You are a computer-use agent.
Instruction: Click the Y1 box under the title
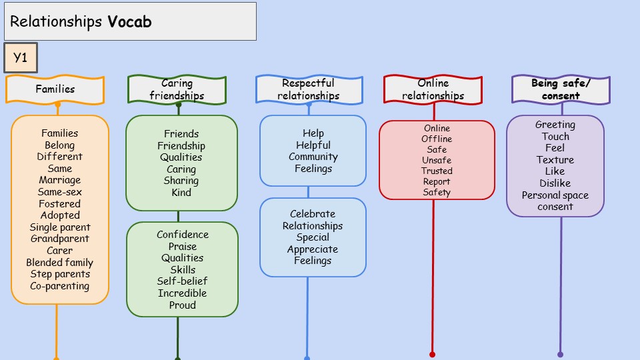tap(20, 58)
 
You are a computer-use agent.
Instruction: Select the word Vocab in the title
tap(129, 22)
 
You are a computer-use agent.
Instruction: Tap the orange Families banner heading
tap(55, 89)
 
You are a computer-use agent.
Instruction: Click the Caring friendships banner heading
tap(177, 89)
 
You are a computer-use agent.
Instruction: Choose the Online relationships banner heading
tap(433, 89)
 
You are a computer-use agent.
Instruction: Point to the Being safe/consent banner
tap(561, 89)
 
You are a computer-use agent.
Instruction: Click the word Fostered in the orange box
tap(59, 204)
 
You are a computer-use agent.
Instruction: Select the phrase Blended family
tap(59, 263)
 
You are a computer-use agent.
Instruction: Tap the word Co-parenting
tap(59, 286)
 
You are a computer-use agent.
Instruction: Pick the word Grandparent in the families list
tap(59, 239)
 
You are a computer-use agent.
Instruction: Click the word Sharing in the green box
tap(181, 181)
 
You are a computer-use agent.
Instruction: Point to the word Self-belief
tap(182, 281)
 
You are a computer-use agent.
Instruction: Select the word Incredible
tap(182, 293)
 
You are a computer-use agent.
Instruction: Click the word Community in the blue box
tap(313, 157)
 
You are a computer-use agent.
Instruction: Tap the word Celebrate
tap(313, 214)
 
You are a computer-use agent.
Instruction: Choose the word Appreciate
tap(313, 249)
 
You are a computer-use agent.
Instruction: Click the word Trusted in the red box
tap(437, 171)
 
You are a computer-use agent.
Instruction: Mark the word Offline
tap(437, 139)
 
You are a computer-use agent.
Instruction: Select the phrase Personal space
tap(555, 195)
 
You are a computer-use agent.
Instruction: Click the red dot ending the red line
tap(432, 354)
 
